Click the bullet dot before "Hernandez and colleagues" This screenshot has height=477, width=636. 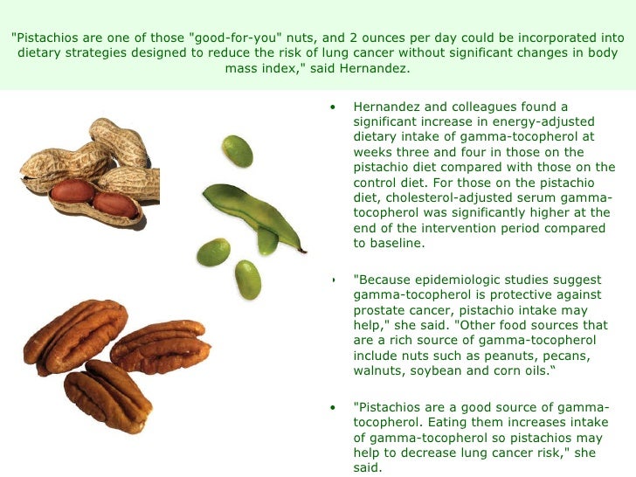pyautogui.click(x=333, y=107)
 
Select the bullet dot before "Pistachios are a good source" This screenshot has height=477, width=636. pyautogui.click(x=333, y=407)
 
